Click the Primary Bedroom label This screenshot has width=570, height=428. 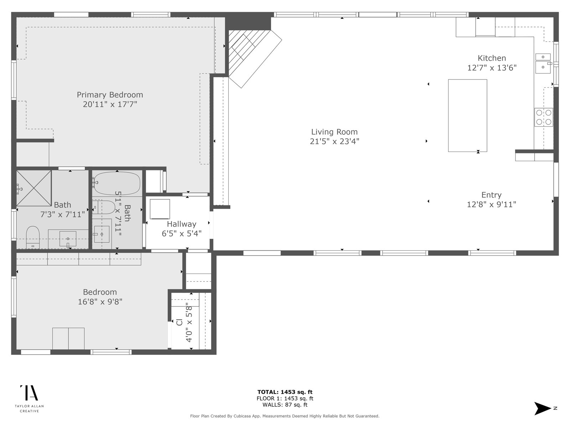point(110,95)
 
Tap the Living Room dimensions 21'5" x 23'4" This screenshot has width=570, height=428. point(335,141)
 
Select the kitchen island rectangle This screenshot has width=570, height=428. point(467,116)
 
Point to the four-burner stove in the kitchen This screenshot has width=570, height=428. point(544,117)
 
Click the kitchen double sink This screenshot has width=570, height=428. point(543,63)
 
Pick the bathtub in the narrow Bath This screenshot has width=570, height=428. point(117,183)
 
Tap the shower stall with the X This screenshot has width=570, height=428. point(34,188)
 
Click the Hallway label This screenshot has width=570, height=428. point(182,224)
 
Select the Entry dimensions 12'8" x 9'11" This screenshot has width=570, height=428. point(491,204)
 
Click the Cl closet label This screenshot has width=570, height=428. point(180,322)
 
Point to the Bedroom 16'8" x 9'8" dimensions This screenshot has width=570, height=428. point(100,302)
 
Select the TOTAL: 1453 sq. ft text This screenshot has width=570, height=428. point(285,392)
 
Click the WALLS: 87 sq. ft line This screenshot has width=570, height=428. point(285,404)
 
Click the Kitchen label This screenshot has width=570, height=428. point(492,58)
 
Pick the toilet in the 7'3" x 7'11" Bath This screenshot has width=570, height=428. point(33,237)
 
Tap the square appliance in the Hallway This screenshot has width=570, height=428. point(160,209)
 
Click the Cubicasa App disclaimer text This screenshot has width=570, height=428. point(285,416)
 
